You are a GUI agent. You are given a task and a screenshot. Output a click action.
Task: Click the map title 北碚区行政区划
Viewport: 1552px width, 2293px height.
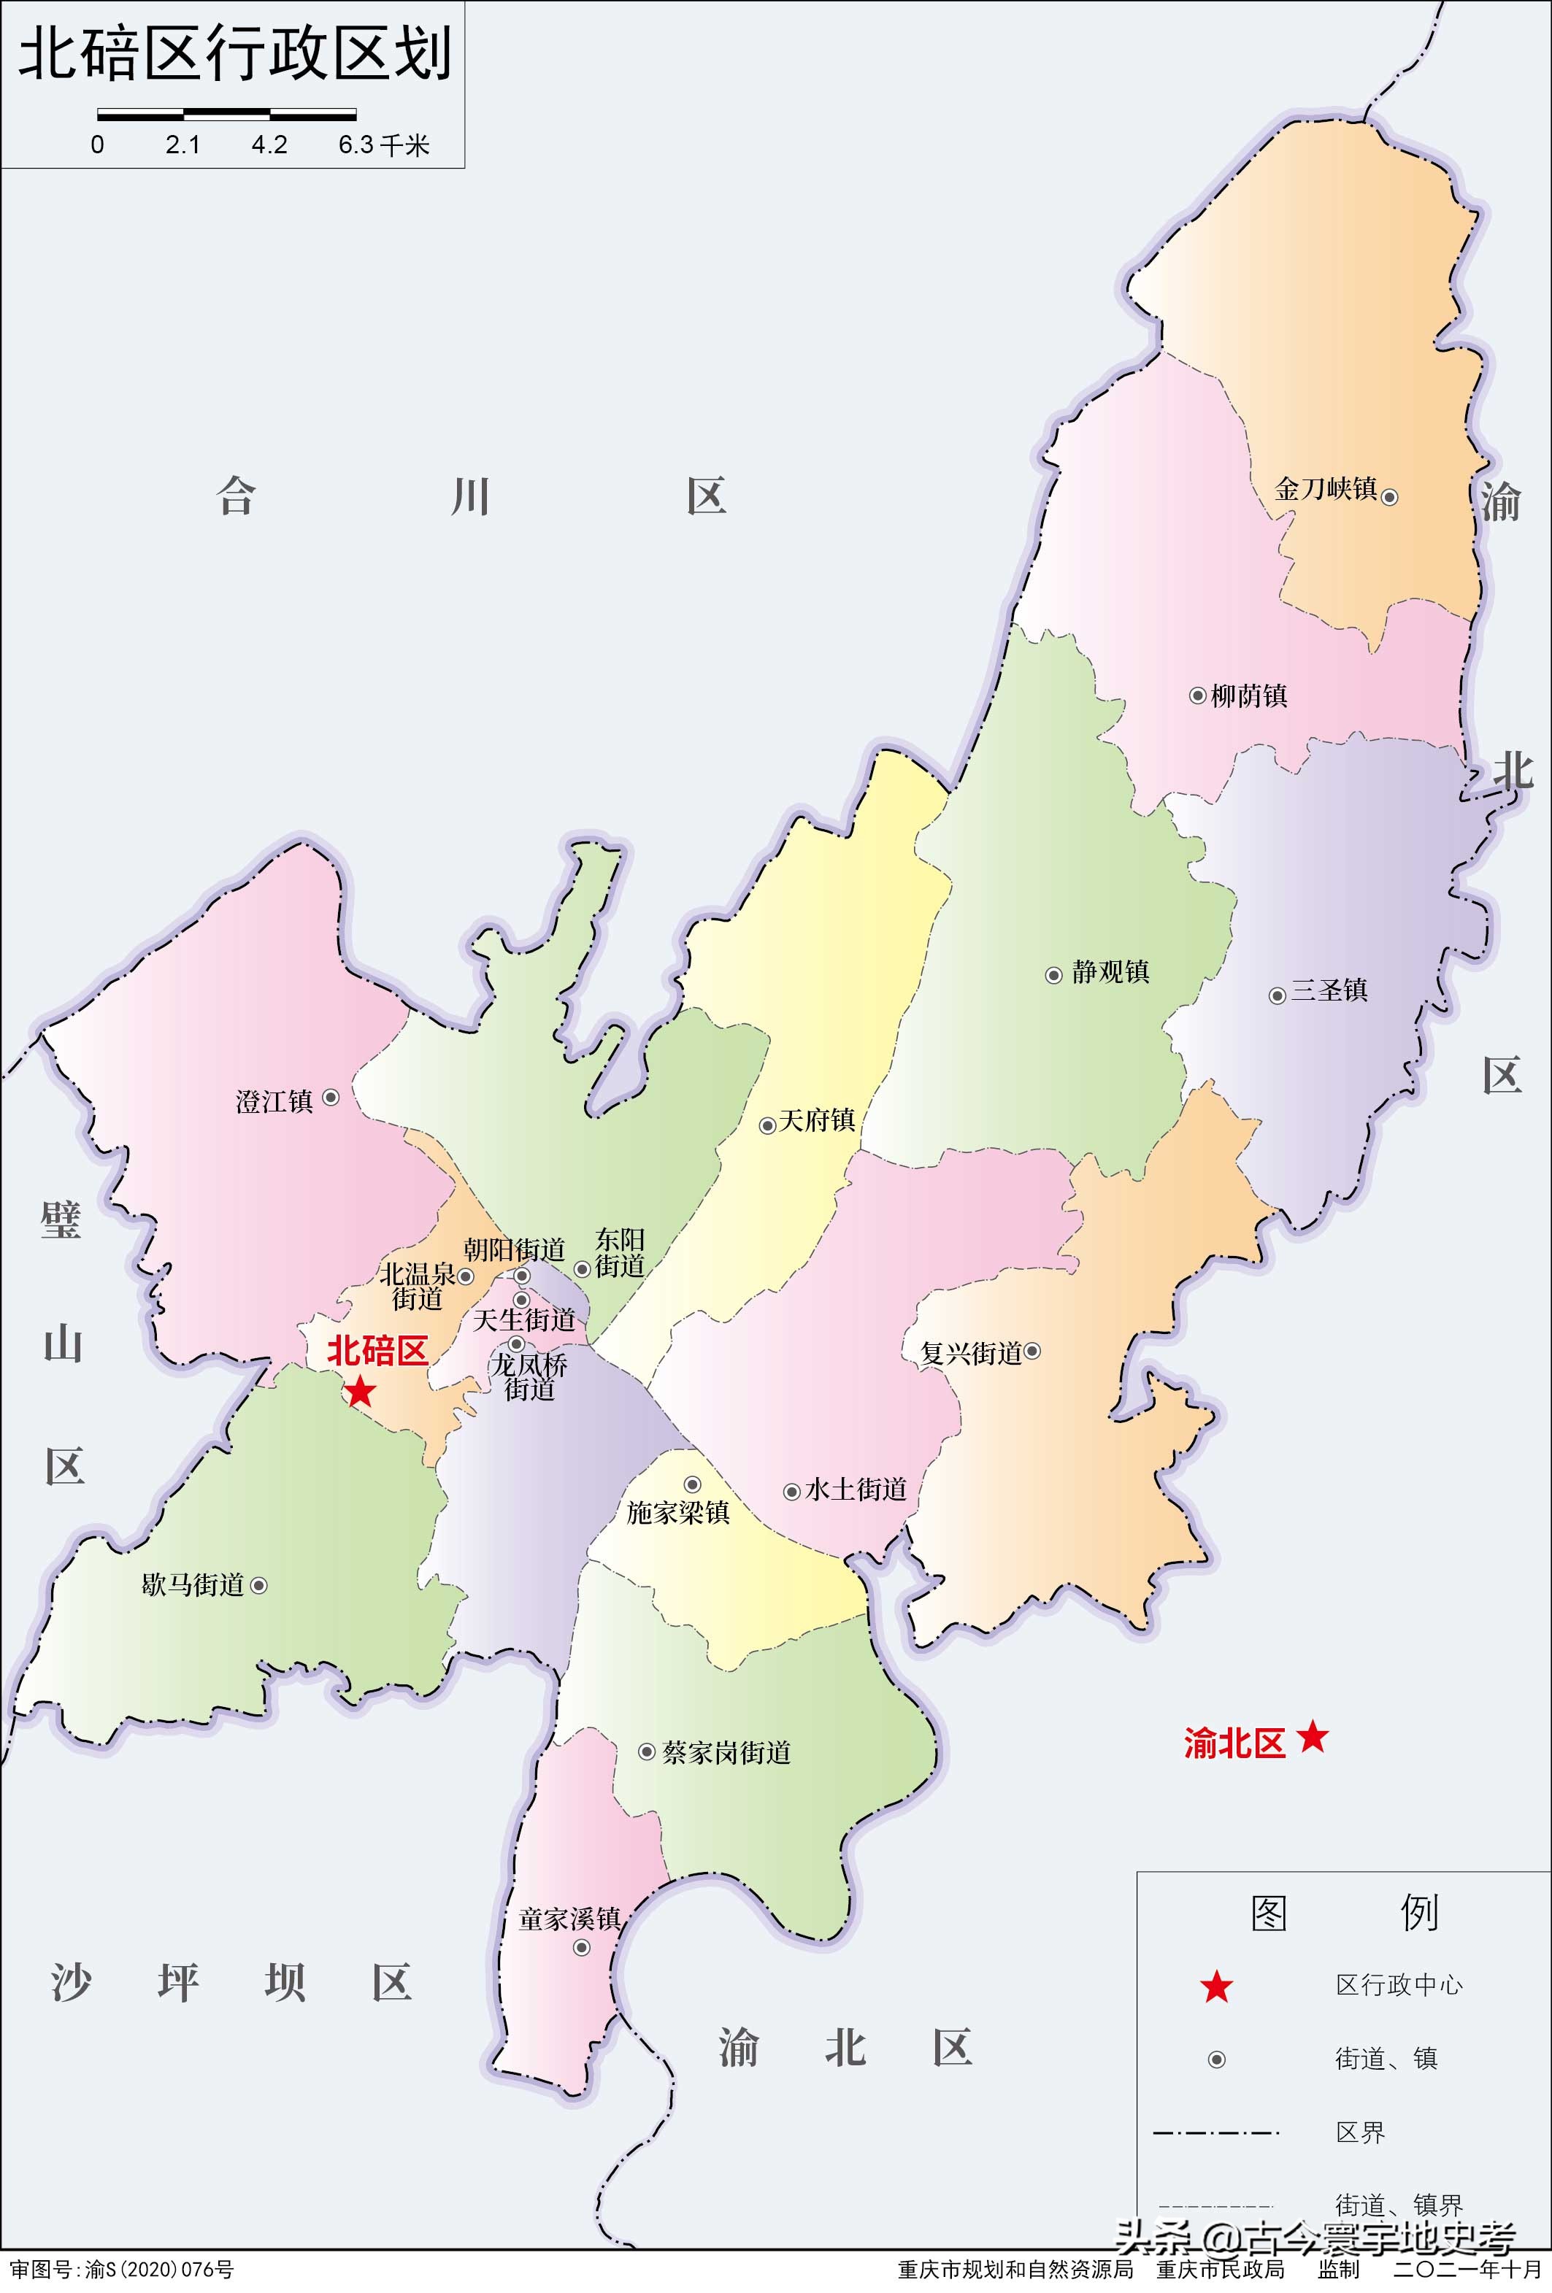[x=235, y=53]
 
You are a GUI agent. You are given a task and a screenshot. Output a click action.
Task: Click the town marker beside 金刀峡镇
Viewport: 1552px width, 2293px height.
[x=1389, y=497]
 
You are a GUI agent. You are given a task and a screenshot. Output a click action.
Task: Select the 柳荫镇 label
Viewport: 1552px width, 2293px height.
[x=1248, y=695]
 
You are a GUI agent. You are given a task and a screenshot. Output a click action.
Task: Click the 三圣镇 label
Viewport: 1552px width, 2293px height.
[x=1329, y=990]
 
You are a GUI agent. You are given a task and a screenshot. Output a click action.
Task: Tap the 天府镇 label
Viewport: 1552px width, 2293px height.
[x=816, y=1119]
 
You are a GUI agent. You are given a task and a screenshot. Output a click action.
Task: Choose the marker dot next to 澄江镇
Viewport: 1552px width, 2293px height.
[x=331, y=1097]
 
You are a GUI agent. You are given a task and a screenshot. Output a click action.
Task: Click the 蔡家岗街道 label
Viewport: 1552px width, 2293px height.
[x=726, y=1752]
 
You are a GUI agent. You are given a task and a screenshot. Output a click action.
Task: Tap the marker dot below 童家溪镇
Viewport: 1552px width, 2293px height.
[x=582, y=1948]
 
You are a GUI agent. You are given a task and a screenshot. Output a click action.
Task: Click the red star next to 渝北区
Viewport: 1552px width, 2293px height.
[x=1313, y=1736]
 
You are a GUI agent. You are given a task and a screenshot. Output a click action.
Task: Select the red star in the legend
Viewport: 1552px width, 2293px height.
[x=1216, y=1987]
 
